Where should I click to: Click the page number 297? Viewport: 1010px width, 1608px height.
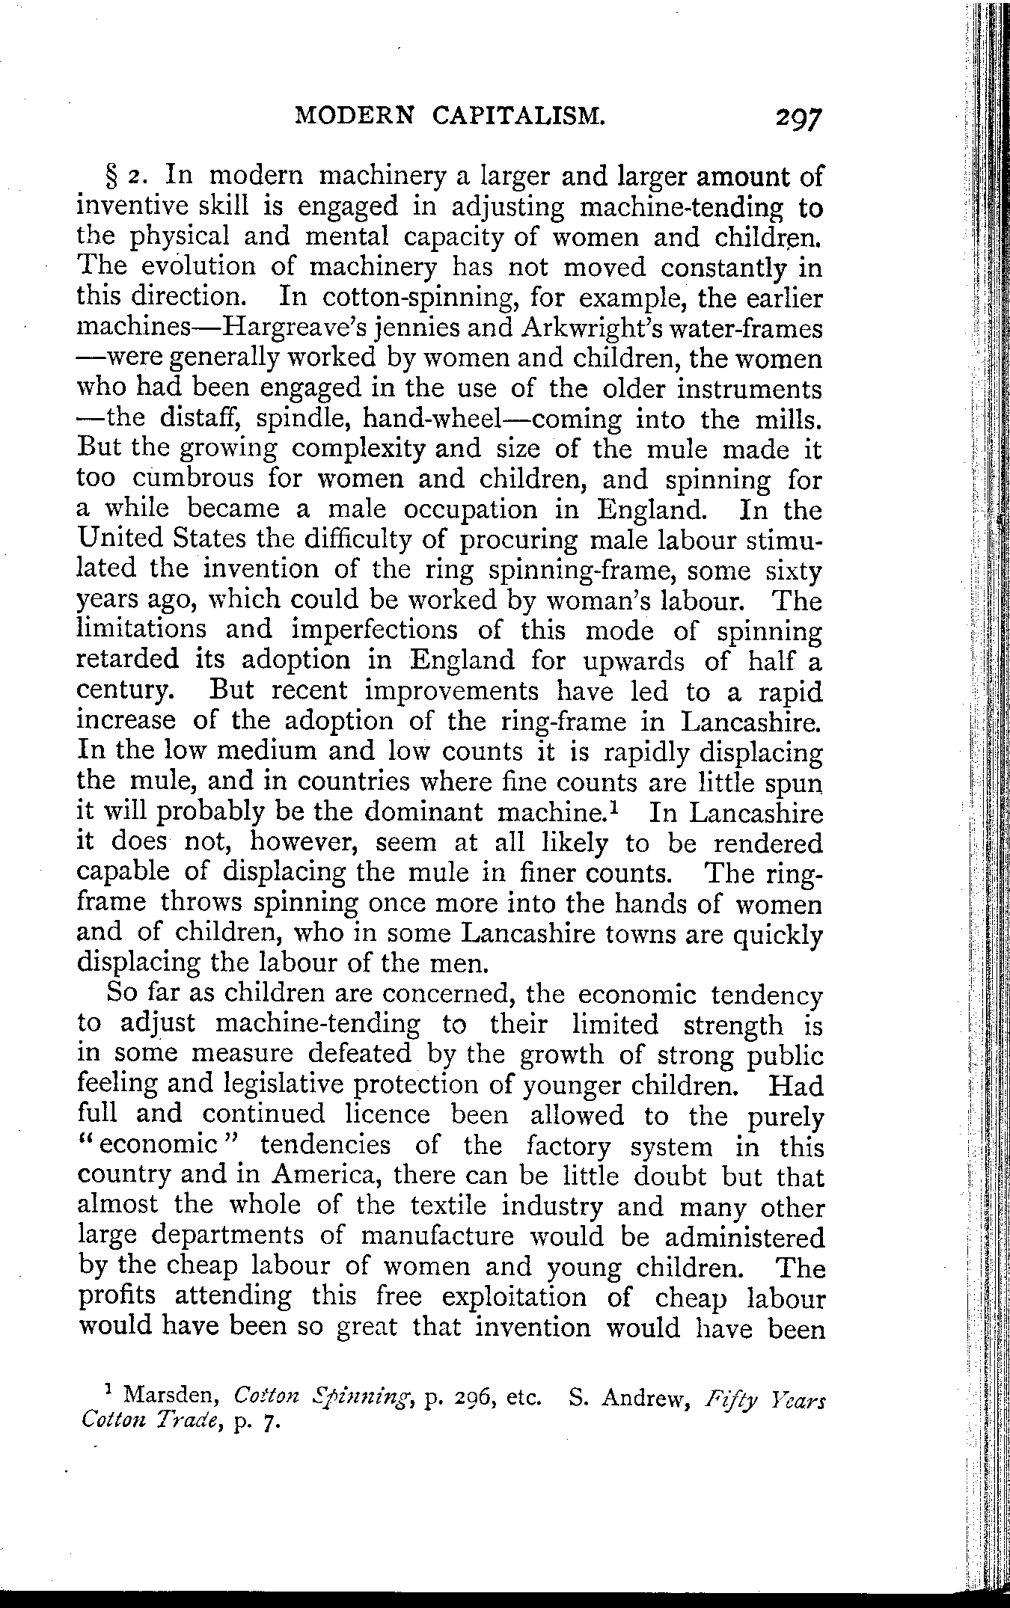(x=799, y=117)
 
